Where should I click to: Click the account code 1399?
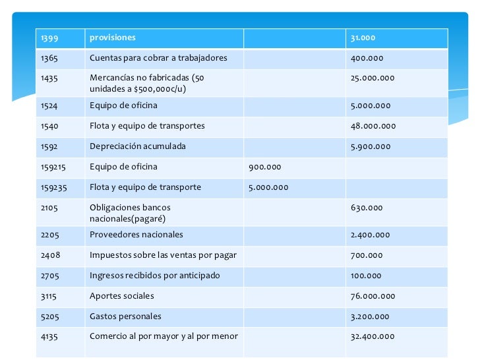click(x=49, y=38)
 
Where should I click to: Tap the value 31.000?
click(x=363, y=38)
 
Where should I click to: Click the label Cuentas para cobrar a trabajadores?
click(x=158, y=58)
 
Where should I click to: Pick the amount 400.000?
click(x=366, y=58)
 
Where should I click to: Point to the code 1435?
click(x=49, y=78)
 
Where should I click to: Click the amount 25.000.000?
click(x=373, y=78)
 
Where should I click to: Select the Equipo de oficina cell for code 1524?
click(x=123, y=105)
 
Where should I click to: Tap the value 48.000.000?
click(x=373, y=126)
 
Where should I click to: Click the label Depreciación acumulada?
click(x=138, y=146)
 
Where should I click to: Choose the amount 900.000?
click(x=264, y=167)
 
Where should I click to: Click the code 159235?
click(x=54, y=187)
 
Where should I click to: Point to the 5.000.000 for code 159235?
click(x=268, y=187)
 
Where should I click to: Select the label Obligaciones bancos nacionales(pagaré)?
click(x=130, y=212)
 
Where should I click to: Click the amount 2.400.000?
click(x=371, y=235)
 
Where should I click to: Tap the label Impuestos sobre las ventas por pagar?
click(x=163, y=255)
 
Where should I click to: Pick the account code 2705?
click(x=49, y=276)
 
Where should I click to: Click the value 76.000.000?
click(x=373, y=296)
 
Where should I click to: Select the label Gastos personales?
click(x=125, y=316)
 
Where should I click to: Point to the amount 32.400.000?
click(x=373, y=336)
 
